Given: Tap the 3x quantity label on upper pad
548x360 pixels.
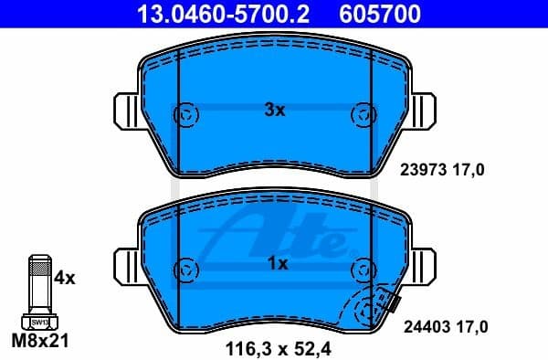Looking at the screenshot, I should pos(275,111).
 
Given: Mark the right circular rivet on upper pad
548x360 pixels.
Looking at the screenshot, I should pos(363,114).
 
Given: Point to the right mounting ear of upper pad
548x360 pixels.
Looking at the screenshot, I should pos(425,113).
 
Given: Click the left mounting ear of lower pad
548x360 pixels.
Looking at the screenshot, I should pos(126,267).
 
